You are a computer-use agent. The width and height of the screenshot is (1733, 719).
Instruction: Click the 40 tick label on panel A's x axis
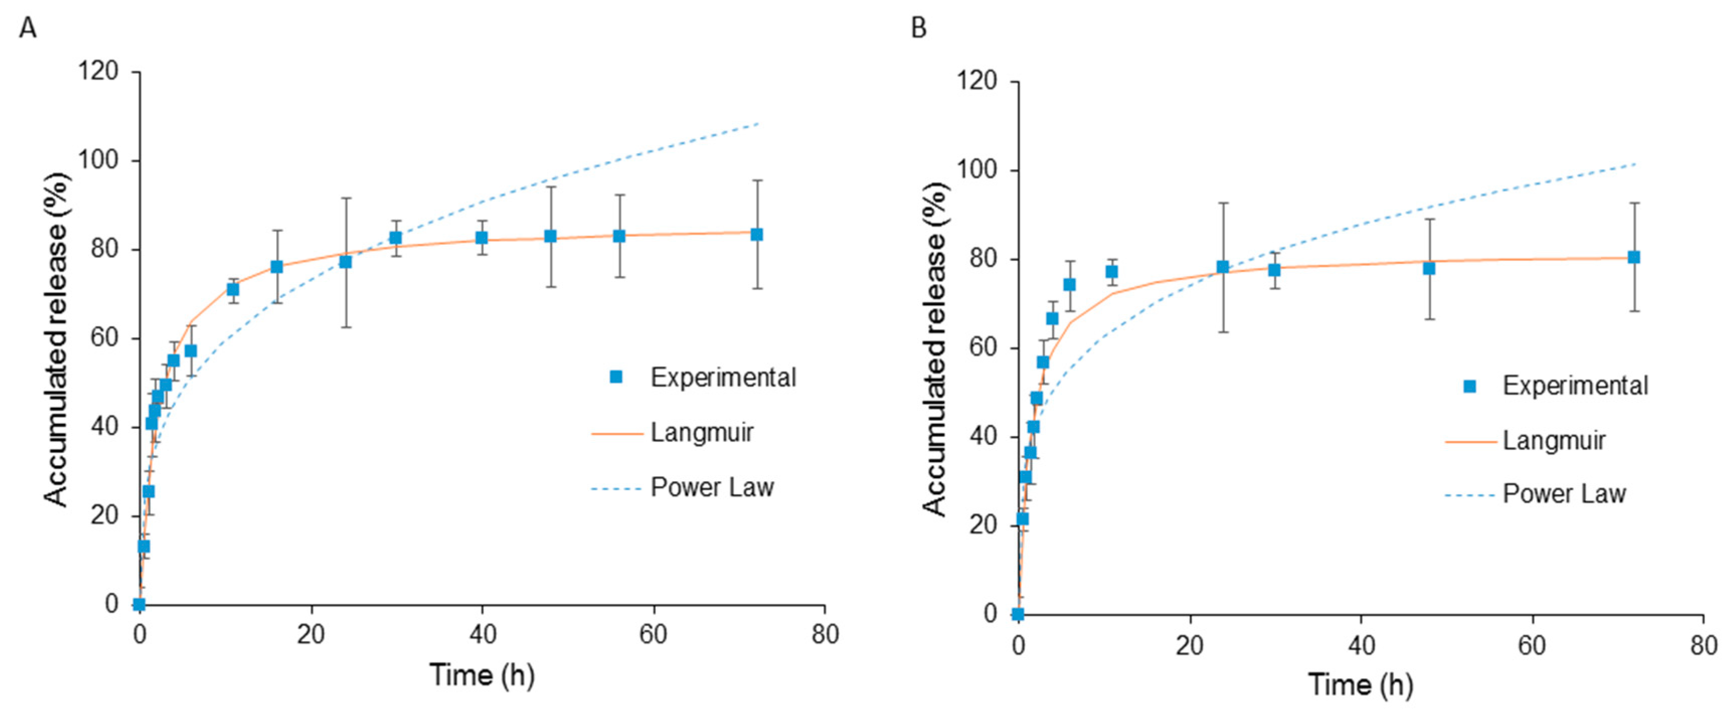tap(482, 634)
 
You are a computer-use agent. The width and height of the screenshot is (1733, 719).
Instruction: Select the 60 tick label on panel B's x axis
tap(1532, 645)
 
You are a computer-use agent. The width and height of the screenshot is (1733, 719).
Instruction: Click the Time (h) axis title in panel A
tap(482, 675)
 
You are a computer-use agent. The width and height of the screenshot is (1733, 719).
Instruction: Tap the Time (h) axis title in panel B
tap(1360, 685)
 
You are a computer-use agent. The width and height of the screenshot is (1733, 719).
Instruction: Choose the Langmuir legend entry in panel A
tap(701, 432)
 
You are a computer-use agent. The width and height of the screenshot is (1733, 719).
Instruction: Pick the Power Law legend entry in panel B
tap(1564, 494)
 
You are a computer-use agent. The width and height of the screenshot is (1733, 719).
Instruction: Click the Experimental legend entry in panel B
tap(1575, 386)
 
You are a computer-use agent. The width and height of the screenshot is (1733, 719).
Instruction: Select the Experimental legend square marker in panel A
tap(616, 377)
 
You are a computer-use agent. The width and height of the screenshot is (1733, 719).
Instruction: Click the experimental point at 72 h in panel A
tap(757, 234)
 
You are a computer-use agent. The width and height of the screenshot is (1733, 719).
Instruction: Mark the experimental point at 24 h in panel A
tap(345, 261)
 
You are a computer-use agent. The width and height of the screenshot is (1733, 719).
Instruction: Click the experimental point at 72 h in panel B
tap(1633, 257)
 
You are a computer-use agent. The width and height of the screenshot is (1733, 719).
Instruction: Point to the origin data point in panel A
tap(139, 604)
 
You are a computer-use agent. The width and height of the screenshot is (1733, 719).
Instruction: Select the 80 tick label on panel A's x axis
tap(825, 634)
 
